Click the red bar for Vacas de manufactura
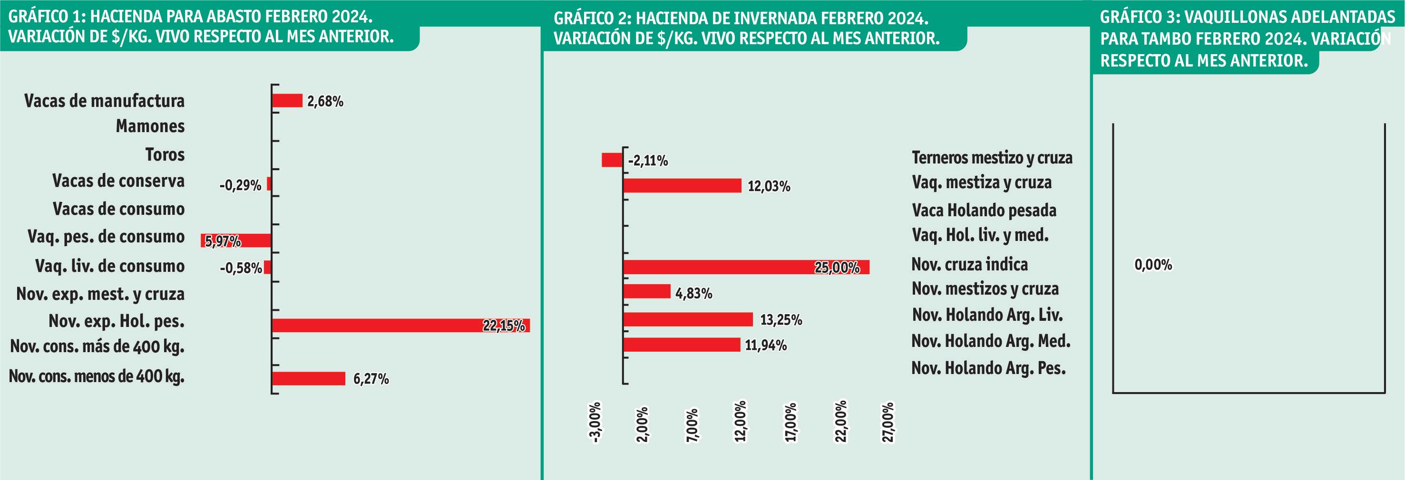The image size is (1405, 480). pos(287,100)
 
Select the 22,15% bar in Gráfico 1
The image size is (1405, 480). pos(401,325)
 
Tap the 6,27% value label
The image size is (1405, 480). pos(371,379)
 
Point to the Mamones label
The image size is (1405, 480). pos(150,126)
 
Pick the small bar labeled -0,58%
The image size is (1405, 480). pos(267,267)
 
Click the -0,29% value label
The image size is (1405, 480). pos(241,185)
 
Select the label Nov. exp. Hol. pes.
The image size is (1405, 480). pos(116,321)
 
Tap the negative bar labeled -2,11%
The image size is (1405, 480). pos(611,160)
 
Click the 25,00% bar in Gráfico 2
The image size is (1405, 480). pos(746,267)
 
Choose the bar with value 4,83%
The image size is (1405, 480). pos(647,291)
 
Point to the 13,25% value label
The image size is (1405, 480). pos(781,319)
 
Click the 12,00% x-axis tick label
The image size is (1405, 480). pos(740,421)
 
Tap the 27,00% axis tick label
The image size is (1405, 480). pos(888,422)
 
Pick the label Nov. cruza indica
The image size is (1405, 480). pos(970,264)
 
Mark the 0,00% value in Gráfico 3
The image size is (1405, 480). pos(1153,265)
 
